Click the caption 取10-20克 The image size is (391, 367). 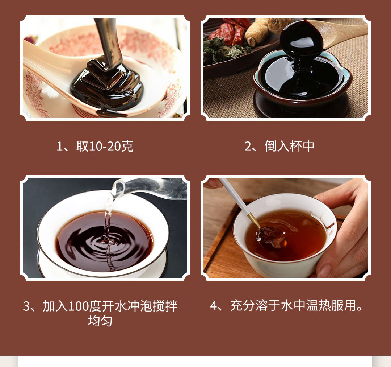coord(105,147)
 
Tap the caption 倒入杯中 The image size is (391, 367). coord(289,147)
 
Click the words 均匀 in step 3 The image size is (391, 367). coord(100,321)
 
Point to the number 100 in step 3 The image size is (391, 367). coord(78,306)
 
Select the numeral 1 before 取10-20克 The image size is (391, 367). coord(60,147)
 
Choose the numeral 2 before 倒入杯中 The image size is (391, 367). coord(248,147)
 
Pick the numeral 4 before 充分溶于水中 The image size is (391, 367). coord(214,306)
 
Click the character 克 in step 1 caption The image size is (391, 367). coord(127,147)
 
